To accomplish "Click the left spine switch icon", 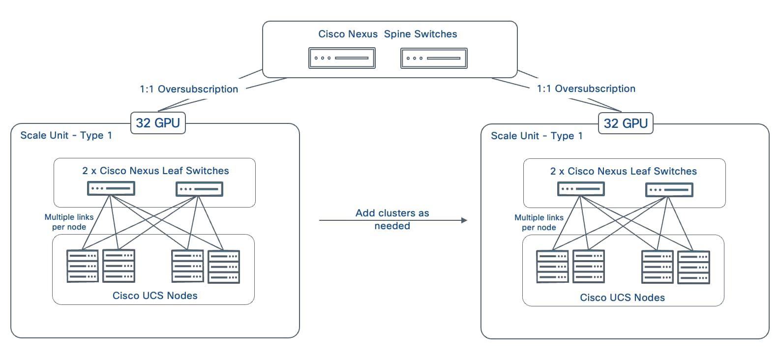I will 342,58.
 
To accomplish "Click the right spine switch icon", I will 434,59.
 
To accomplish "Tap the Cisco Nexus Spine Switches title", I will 388,34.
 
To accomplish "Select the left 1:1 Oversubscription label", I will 189,89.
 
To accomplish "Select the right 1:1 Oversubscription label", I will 586,89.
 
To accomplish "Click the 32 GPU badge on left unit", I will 158,122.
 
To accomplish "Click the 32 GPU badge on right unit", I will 626,123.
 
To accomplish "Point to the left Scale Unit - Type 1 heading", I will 66,135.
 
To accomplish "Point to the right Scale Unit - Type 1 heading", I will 537,136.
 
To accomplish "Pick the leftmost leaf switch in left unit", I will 111,188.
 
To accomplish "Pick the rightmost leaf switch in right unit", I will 669,189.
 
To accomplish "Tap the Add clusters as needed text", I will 392,219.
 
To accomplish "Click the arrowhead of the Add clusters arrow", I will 464,220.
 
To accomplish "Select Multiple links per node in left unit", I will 69,222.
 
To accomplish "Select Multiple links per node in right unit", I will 539,222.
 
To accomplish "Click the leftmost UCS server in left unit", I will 82,266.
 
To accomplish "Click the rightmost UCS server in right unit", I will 693,267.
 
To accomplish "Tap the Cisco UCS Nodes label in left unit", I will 155,296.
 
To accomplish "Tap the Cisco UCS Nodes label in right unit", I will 622,298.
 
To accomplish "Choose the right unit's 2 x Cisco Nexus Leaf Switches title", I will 623,171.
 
